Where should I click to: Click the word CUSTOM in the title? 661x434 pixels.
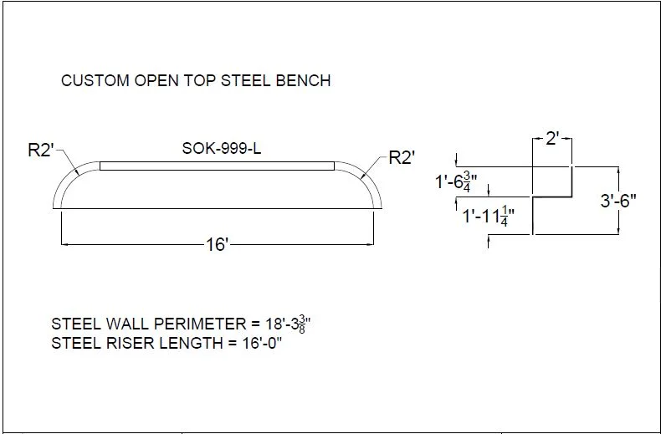tap(95, 80)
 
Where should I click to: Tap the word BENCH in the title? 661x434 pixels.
tap(303, 80)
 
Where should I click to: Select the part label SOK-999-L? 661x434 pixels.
tap(222, 148)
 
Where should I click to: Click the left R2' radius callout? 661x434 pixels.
tap(41, 150)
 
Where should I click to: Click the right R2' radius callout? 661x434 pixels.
tap(402, 157)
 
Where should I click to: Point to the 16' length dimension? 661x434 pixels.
tap(217, 244)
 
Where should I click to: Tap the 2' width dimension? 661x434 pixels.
tap(552, 138)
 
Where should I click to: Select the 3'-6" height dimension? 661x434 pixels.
tap(618, 201)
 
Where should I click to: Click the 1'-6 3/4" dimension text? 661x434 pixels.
tap(456, 181)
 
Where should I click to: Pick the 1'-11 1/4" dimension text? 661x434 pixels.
tap(488, 216)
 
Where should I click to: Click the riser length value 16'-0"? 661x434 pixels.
tap(261, 343)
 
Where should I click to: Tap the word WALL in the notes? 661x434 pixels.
tap(128, 324)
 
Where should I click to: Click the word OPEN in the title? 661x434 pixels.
tap(156, 80)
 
